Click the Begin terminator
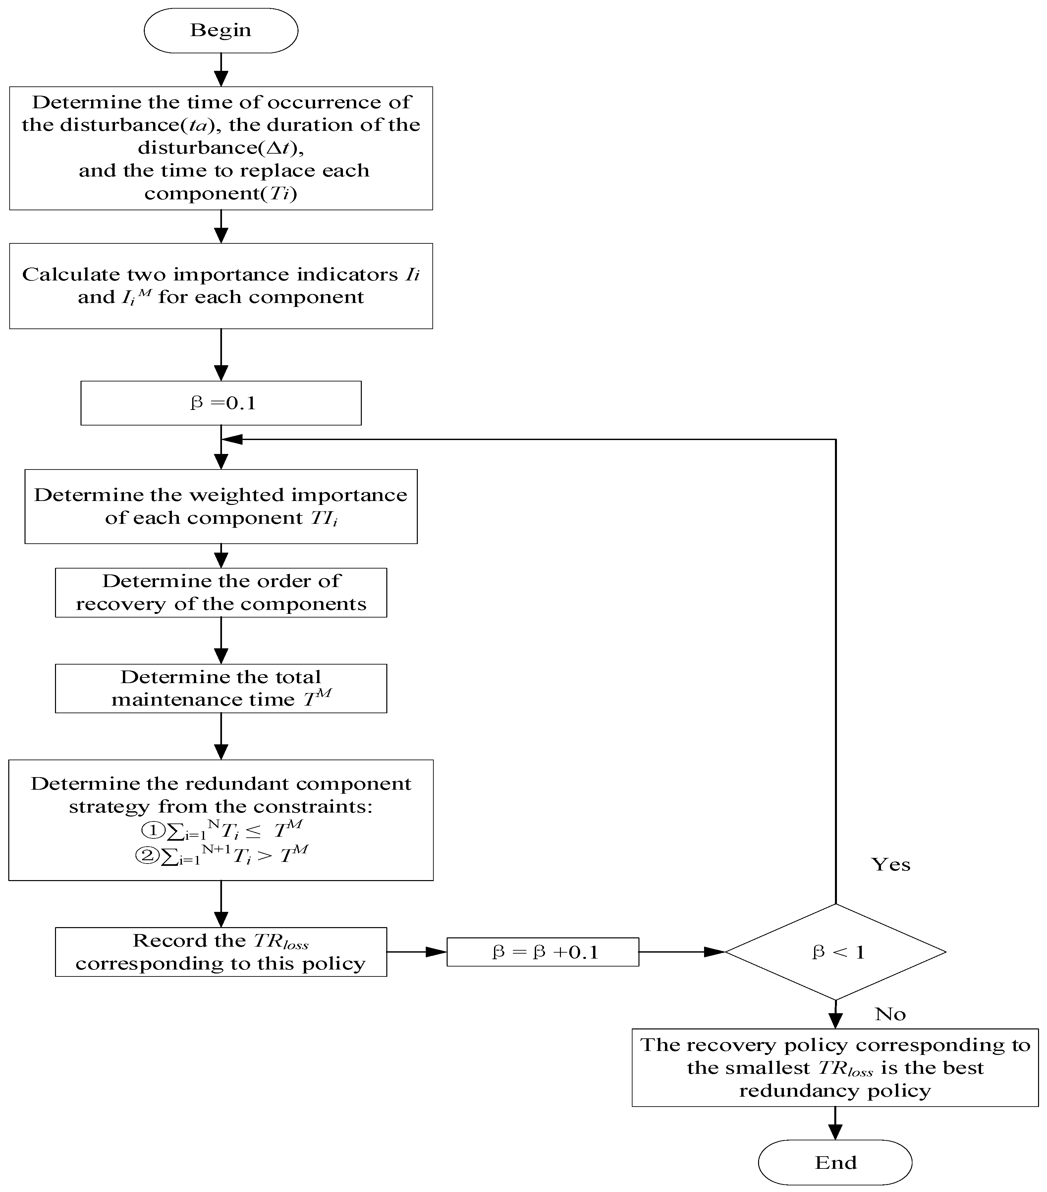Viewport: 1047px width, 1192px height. tap(221, 30)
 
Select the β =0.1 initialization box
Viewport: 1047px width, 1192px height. tap(221, 403)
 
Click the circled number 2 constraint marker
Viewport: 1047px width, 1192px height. tap(147, 855)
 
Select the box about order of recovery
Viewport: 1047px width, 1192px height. tap(221, 592)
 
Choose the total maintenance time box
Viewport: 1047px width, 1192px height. tap(221, 688)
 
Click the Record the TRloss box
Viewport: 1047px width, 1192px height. tap(221, 952)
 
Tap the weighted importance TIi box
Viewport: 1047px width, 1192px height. tap(221, 506)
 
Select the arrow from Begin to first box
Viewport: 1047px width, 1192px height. tap(221, 70)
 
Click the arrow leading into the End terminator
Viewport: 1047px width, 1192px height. tap(835, 1122)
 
